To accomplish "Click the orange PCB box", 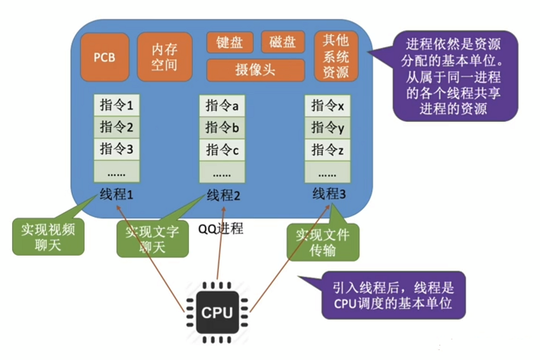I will [104, 57].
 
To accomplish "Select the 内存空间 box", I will [165, 57].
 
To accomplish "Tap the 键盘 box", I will [229, 42].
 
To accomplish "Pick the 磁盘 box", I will [283, 42].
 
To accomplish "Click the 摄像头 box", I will [255, 70].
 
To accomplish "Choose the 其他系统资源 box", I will [336, 57].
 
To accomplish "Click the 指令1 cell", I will [117, 104].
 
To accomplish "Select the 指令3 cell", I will [117, 148].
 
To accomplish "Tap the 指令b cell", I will [222, 126].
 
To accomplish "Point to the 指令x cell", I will [328, 104].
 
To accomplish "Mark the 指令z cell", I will [328, 149].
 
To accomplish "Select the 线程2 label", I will [222, 195].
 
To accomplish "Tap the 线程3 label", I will [328, 194].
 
